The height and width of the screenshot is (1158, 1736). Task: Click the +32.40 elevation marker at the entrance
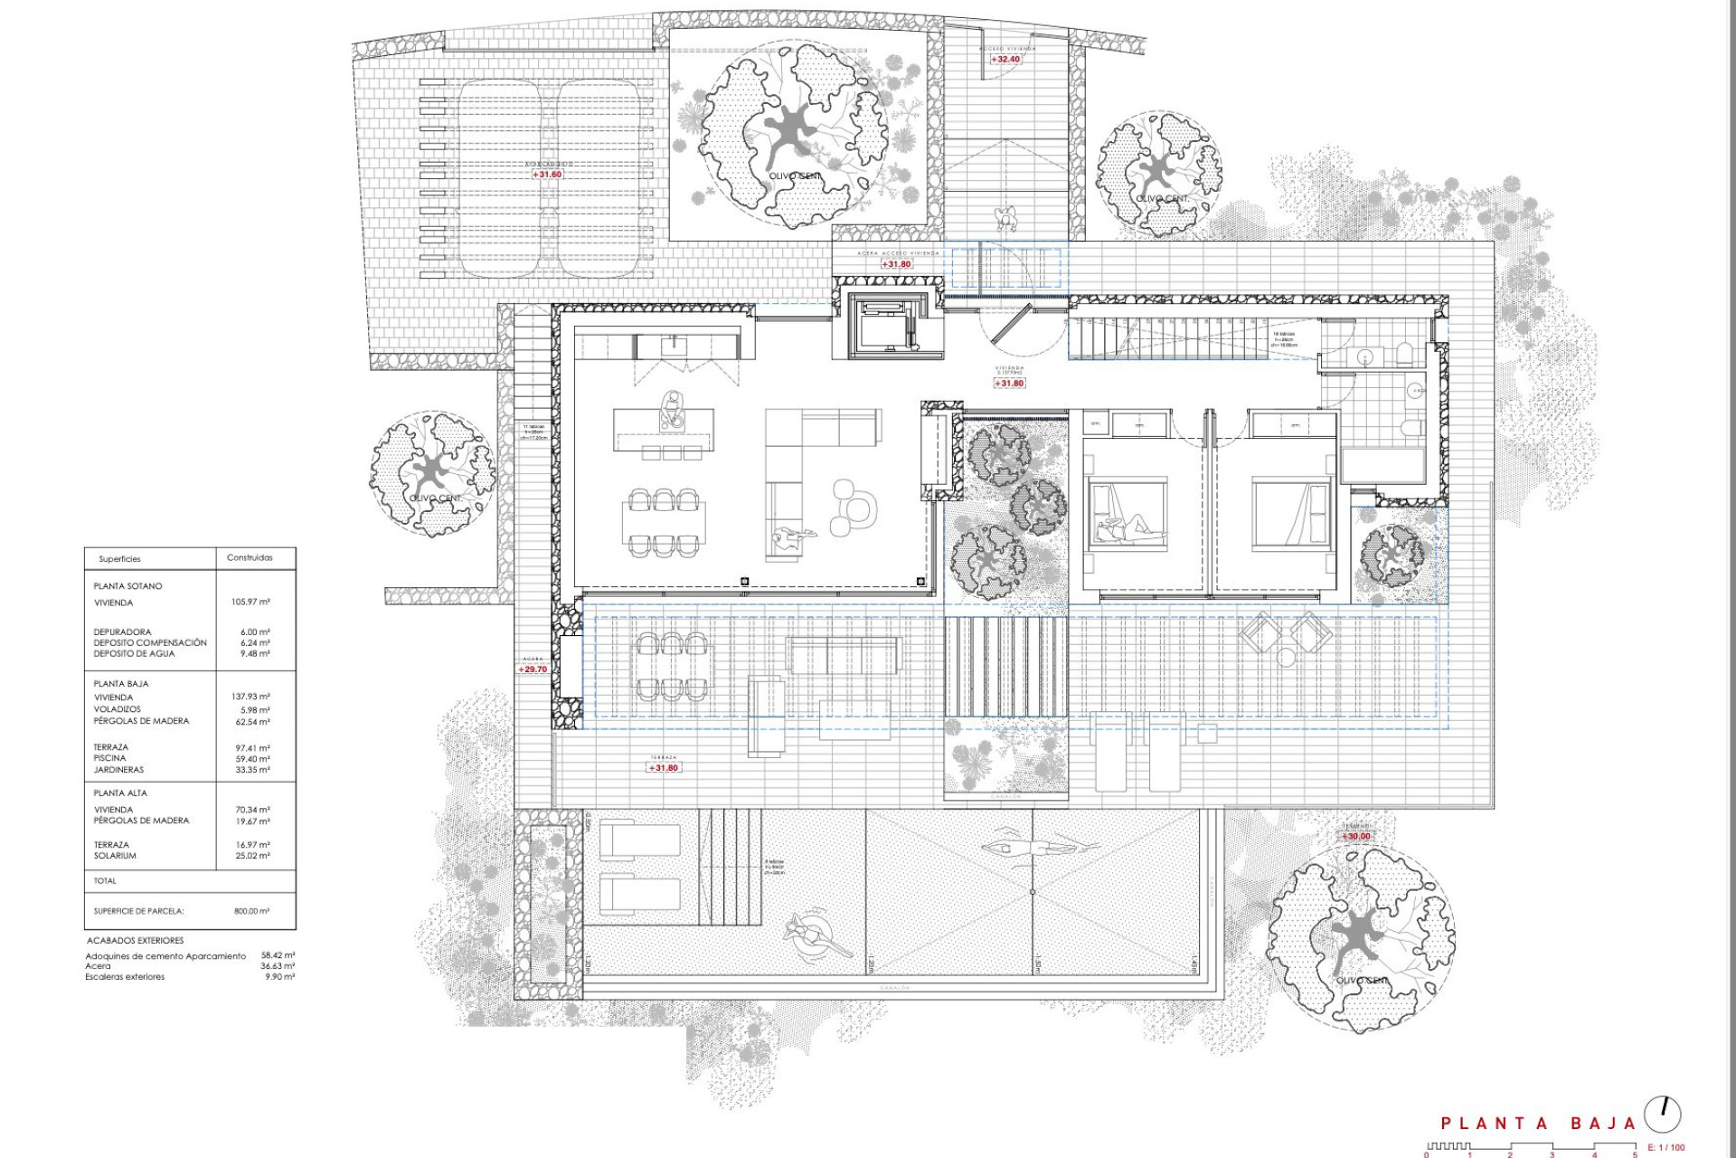pos(1005,60)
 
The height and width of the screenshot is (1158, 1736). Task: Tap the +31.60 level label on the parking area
pos(547,175)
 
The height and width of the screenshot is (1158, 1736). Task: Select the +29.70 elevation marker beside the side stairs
pos(533,669)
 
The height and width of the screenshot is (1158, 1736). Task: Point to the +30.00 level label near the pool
pos(1355,837)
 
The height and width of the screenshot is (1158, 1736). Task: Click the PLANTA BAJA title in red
pos(1538,1124)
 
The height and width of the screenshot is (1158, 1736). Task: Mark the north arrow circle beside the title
pos(1662,1115)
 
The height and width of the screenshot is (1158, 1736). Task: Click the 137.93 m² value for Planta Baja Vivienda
pos(250,697)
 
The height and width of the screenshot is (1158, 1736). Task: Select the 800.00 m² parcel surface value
pos(251,911)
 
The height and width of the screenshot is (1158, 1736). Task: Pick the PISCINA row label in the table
pos(110,758)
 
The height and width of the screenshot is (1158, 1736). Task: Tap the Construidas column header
pos(250,557)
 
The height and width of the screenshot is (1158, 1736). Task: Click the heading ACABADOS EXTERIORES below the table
pos(136,941)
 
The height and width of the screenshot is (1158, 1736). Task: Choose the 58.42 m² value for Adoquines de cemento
pos(278,955)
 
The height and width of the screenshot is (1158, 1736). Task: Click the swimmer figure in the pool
pos(1040,848)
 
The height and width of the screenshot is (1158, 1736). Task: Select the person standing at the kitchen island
pos(672,409)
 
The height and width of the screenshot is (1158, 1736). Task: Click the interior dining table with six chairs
pos(665,522)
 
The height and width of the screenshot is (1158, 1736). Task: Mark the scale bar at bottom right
pos(1530,1147)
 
